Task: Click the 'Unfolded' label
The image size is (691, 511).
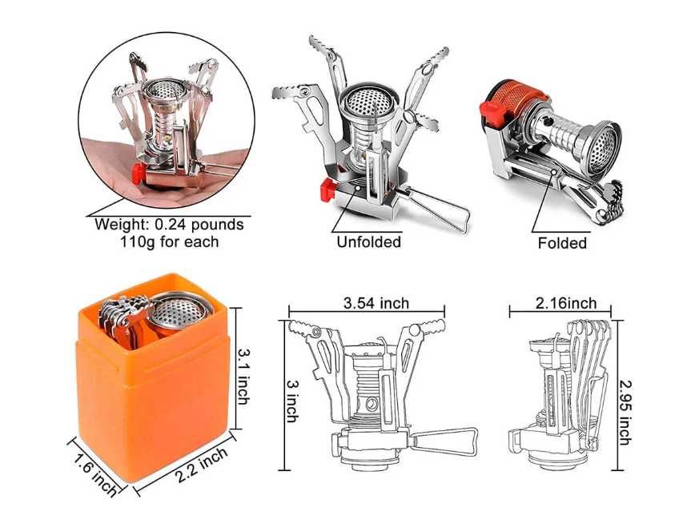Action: tap(369, 242)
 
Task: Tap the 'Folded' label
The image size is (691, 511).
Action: tap(562, 243)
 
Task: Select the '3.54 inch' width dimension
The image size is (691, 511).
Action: tap(376, 303)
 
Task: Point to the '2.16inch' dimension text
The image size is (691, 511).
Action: tap(566, 303)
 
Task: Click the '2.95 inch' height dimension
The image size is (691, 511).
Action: tap(626, 412)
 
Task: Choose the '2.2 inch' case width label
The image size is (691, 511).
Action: tap(202, 465)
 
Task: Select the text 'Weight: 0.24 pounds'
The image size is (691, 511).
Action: tap(169, 225)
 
